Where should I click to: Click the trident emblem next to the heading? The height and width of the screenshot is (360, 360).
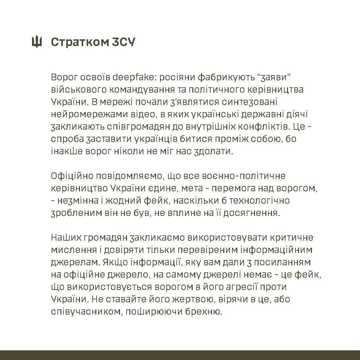(37, 42)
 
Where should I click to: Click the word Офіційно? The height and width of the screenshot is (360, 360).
(72, 176)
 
